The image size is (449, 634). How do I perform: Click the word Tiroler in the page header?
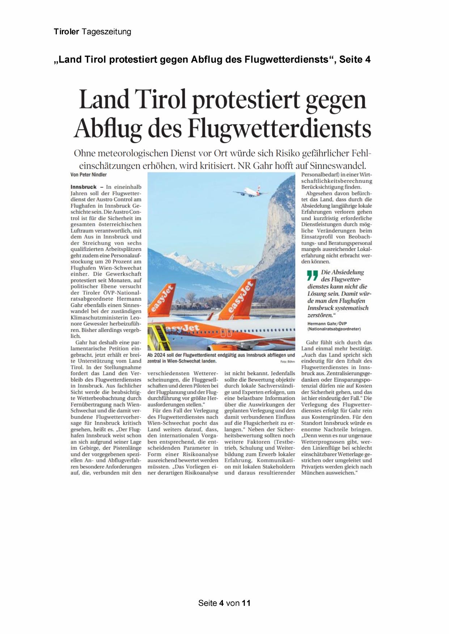66,32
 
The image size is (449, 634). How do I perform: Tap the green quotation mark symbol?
312,276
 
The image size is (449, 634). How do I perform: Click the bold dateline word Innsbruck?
84,187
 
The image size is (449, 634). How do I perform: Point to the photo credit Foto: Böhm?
288,362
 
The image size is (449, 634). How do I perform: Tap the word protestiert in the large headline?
246,100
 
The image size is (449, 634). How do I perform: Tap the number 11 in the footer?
246,603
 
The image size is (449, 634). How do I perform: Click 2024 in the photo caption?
159,355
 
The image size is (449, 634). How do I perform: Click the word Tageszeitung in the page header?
106,32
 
